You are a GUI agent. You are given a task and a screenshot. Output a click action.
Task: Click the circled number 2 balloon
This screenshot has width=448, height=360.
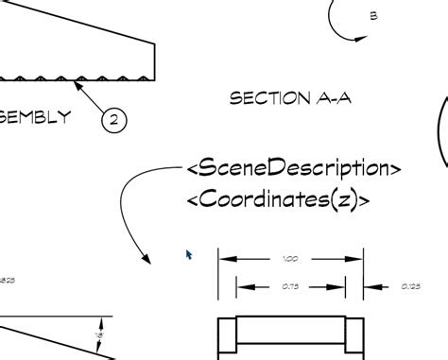112,119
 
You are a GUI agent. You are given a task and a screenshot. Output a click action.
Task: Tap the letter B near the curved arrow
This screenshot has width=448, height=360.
373,16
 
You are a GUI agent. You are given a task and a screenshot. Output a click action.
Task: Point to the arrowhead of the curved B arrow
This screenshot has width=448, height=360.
360,37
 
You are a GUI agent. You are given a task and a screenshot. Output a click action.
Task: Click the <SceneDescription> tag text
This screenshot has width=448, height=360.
294,168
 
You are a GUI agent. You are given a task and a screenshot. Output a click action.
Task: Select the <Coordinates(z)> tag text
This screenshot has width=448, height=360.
278,199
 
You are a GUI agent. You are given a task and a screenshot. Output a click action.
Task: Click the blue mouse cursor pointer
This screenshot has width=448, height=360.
189,254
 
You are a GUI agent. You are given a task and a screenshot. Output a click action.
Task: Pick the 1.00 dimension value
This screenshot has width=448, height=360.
290,258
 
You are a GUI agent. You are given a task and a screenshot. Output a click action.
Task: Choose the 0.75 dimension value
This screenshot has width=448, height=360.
290,286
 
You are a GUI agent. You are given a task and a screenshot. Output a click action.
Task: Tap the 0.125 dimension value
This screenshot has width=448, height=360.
410,286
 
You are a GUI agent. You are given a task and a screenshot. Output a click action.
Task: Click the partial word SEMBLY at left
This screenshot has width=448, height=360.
35,117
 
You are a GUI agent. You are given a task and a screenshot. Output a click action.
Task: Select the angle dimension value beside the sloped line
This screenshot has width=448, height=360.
98,334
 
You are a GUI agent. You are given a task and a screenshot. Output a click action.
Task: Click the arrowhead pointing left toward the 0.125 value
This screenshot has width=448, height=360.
370,286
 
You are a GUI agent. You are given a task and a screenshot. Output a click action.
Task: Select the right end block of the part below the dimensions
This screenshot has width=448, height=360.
354,338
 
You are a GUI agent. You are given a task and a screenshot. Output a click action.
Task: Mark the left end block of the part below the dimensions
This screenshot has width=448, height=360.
227,338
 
